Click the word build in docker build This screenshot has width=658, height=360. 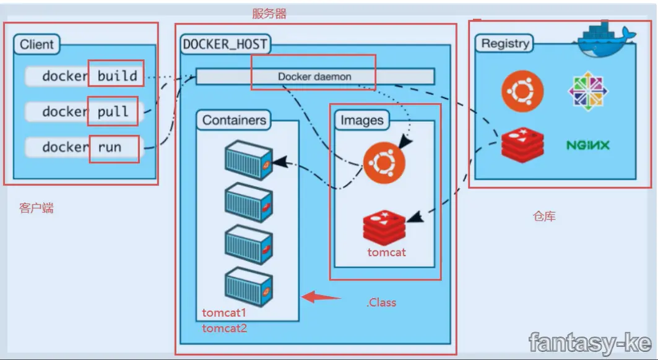117,76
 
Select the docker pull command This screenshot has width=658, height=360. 85,112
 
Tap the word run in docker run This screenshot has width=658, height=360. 110,147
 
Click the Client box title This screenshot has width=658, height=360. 37,45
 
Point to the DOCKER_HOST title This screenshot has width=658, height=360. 225,45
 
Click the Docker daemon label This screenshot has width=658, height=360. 314,77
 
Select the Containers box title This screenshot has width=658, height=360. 234,120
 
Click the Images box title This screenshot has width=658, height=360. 361,120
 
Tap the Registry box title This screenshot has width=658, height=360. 505,43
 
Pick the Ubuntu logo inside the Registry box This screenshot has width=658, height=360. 522,91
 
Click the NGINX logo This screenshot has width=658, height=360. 587,145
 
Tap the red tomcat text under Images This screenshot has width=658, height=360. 386,252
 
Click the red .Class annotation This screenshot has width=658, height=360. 381,302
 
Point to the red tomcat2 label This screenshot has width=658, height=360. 224,328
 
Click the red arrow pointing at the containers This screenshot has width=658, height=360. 321,298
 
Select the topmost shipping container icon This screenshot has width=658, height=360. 248,160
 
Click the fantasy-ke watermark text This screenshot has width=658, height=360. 590,341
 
